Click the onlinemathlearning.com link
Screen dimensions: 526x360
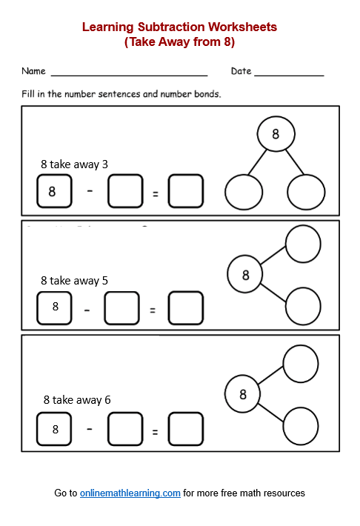tap(130, 493)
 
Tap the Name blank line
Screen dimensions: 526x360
tap(129, 75)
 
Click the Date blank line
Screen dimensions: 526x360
tap(289, 75)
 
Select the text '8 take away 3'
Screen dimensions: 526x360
tap(74, 164)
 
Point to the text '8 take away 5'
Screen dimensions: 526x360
tap(74, 281)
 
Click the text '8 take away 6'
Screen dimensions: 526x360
tap(77, 400)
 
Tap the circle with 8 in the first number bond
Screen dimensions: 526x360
tap(276, 134)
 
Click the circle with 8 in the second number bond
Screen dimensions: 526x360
tap(246, 275)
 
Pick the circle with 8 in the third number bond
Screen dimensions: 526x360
tap(243, 395)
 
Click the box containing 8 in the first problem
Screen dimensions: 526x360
tap(54, 191)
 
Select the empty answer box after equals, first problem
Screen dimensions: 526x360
tap(186, 191)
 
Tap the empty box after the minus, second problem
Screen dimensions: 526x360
tap(121, 308)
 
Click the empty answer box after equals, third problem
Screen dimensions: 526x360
tap(186, 428)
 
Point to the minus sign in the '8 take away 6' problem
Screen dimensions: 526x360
tap(89, 427)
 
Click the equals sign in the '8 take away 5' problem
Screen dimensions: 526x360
tap(153, 310)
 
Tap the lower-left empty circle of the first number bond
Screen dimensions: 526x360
tap(244, 193)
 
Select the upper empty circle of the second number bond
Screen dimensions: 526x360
tap(303, 244)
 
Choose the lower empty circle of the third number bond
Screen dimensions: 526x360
tap(300, 425)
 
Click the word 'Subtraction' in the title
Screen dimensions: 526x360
tap(171, 27)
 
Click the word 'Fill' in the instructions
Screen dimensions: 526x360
tap(29, 94)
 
